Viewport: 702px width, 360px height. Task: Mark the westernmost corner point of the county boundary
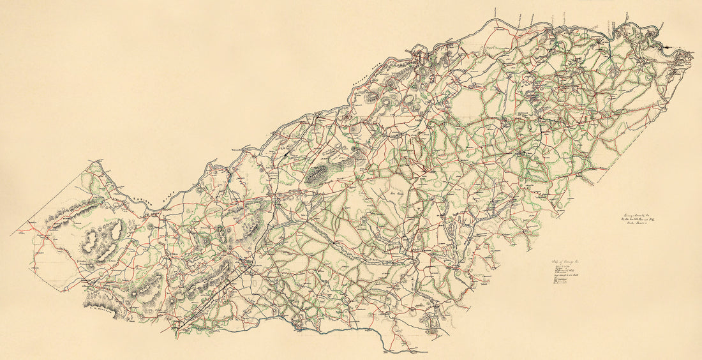pyautogui.click(x=11, y=234)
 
